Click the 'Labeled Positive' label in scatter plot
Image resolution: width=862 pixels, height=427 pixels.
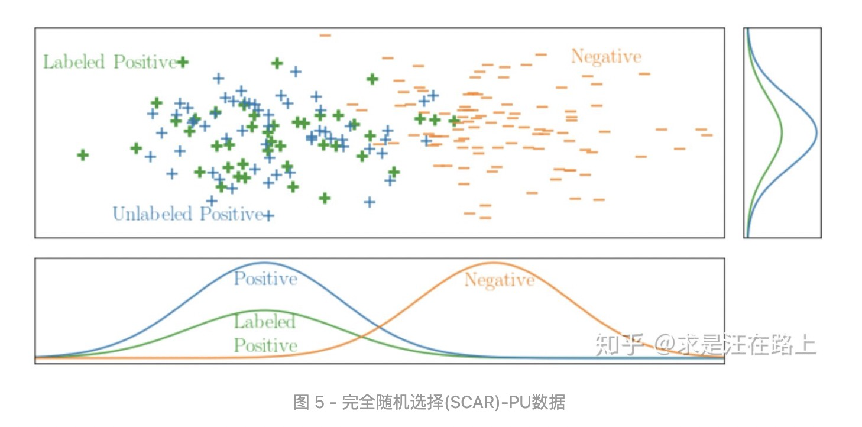point(110,62)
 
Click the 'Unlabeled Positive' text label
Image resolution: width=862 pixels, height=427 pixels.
point(187,213)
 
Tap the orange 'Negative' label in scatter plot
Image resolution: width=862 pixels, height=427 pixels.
point(605,57)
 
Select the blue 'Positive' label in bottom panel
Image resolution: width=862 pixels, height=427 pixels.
point(265,279)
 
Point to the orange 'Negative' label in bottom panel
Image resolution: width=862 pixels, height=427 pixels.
point(499,280)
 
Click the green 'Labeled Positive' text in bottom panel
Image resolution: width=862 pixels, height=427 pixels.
point(265,334)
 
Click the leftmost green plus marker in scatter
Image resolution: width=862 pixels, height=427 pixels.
point(83,155)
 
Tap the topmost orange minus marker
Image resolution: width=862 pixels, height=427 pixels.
point(325,35)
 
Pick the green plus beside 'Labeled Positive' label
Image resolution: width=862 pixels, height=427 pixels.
point(183,62)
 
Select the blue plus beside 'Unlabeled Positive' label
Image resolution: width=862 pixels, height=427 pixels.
point(268,215)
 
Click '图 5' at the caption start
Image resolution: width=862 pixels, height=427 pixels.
point(309,403)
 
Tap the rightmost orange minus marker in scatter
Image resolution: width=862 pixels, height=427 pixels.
point(707,135)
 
